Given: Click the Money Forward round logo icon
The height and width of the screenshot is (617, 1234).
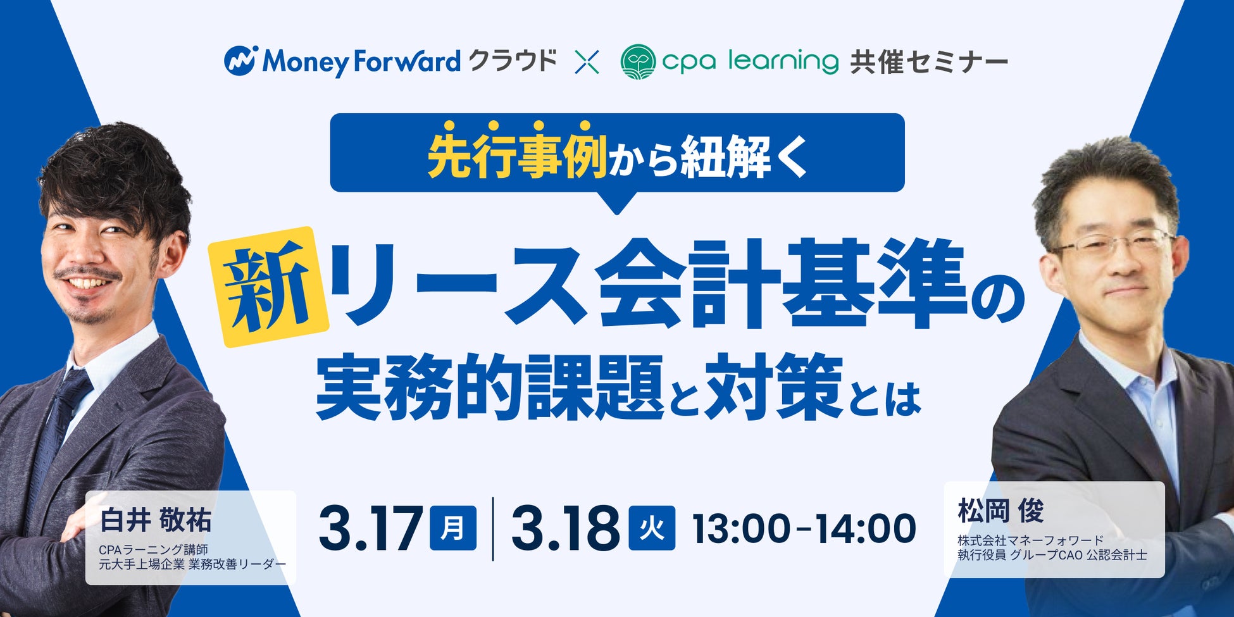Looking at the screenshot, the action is coord(240,61).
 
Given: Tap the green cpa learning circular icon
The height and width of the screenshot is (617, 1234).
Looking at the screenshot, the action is coord(638,61).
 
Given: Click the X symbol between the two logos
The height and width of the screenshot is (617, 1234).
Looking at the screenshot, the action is coord(587,62).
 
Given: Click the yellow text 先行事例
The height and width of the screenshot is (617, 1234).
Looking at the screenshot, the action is coord(517,156).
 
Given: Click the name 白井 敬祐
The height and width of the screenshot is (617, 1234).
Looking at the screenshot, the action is coord(156,520).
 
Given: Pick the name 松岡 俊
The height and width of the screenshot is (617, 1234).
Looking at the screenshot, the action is coord(1000,511).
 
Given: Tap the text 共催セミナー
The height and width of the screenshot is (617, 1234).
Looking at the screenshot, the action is coord(929,63).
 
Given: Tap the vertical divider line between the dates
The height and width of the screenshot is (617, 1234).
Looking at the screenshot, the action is coord(494,529).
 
